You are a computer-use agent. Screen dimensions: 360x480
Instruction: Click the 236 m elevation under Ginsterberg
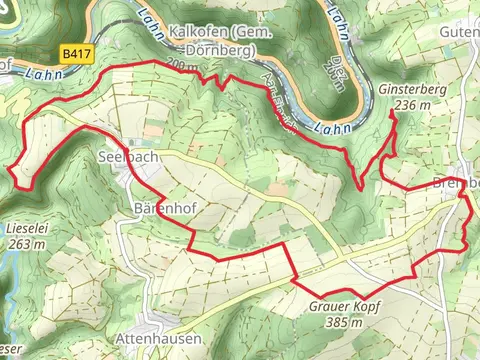click(411, 103)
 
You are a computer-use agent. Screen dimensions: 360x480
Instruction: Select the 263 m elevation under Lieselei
click(26, 242)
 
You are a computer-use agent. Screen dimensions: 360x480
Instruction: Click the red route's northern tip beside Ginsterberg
click(393, 113)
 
